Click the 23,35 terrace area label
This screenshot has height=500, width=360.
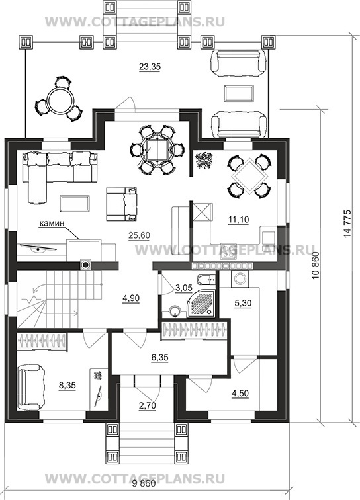(150, 67)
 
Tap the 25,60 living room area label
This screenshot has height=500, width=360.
(139, 235)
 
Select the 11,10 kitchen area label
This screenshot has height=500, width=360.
(238, 220)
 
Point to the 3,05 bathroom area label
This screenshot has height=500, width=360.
(184, 288)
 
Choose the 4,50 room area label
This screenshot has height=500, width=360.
(240, 393)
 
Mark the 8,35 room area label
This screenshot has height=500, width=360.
(67, 385)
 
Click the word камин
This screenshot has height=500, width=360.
(52, 224)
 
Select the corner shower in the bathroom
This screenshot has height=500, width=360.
(201, 304)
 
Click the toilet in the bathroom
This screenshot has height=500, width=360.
(206, 280)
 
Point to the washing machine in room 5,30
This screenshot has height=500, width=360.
(240, 278)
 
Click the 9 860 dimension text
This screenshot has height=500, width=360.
(144, 492)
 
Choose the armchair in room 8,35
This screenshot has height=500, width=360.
(31, 387)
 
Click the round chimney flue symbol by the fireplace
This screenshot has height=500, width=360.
(85, 264)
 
